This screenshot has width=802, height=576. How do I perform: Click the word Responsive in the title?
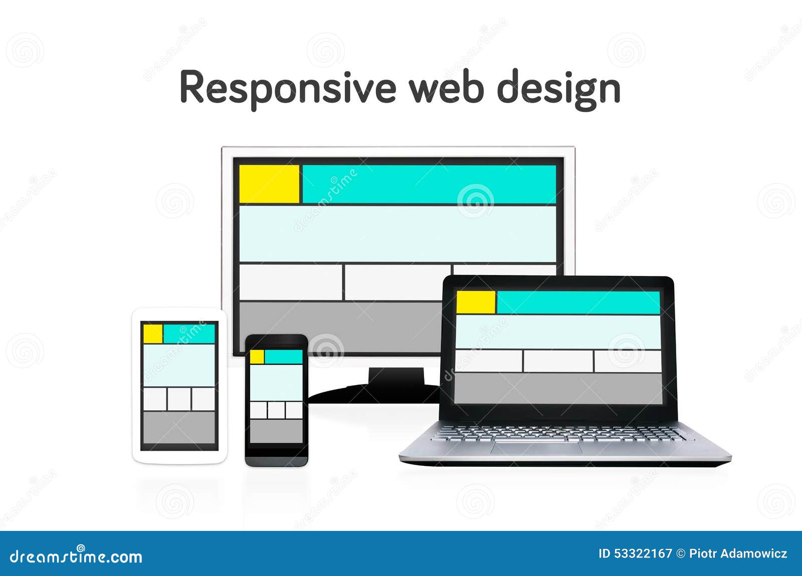pos(288,88)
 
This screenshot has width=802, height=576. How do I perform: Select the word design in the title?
pos(558,89)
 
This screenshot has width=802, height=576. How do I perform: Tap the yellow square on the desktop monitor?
pos(269,184)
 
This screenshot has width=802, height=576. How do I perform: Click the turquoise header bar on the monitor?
pos(429,184)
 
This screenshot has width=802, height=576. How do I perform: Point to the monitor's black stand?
pos(396,383)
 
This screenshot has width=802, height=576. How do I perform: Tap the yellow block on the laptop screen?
pos(476,302)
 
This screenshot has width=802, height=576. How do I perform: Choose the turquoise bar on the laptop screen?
pos(578,302)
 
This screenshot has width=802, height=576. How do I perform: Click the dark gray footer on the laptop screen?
pos(558,388)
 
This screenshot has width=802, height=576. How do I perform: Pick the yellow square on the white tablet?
pos(153,334)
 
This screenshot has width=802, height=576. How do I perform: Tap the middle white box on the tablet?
pos(179,399)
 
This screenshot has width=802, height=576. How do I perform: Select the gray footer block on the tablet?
pos(179,427)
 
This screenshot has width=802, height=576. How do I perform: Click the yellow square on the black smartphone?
pos(257,357)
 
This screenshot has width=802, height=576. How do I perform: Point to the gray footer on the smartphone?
pos(276,431)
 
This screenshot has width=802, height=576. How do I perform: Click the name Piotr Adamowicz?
pos(738,553)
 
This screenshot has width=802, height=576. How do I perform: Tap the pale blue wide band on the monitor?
pos(397,233)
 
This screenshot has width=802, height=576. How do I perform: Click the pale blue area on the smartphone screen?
pos(276,383)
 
